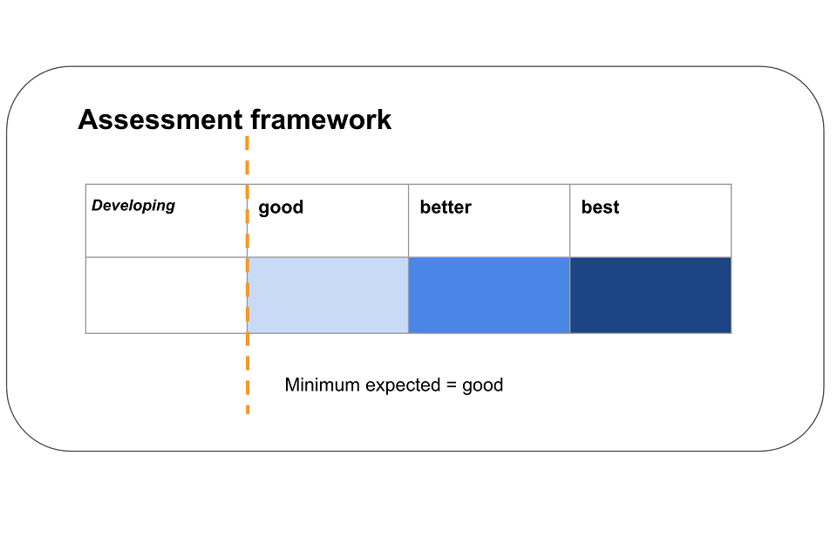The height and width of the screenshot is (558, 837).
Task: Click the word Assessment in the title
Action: click(x=160, y=119)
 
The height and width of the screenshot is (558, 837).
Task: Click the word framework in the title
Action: click(x=321, y=119)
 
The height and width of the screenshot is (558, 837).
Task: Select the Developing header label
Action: click(x=133, y=206)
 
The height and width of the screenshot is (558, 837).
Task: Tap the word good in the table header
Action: click(x=281, y=208)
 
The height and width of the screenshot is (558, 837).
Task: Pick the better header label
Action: click(x=446, y=207)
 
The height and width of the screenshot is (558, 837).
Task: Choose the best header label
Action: click(x=600, y=207)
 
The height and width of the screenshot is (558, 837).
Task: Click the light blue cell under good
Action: click(x=328, y=296)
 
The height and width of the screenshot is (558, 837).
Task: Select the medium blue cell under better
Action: click(x=489, y=296)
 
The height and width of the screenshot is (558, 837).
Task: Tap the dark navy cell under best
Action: click(x=650, y=296)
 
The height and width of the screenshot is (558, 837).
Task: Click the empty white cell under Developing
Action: click(x=166, y=296)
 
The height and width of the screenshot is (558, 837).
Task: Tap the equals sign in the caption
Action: click(x=451, y=385)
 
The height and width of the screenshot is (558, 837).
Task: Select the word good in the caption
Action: click(x=482, y=386)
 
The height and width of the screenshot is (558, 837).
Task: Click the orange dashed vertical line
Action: click(x=247, y=275)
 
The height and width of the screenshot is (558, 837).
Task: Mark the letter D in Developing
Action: click(x=97, y=205)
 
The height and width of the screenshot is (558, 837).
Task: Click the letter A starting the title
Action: click(x=87, y=119)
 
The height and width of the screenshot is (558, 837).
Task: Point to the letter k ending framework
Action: click(x=384, y=119)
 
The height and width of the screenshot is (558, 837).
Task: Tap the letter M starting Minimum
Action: click(x=291, y=384)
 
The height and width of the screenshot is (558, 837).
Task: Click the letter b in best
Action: click(x=586, y=207)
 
